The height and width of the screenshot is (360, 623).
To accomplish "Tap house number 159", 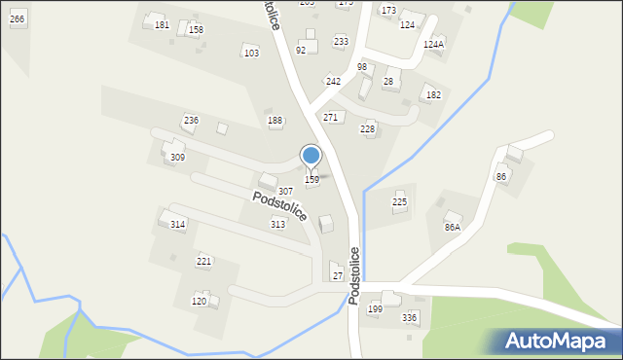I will [311, 180].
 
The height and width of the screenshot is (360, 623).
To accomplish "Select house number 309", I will [177, 157].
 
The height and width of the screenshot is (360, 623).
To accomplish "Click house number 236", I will [191, 120].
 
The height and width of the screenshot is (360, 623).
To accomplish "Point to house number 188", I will [275, 121].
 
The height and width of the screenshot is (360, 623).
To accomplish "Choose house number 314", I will [177, 225].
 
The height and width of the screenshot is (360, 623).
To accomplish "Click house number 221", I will [203, 262].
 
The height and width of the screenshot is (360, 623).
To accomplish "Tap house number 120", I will [199, 302].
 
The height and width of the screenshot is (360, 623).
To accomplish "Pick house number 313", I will [278, 225].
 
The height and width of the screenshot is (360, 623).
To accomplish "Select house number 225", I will [399, 201].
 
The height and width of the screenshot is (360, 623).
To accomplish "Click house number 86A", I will [452, 227].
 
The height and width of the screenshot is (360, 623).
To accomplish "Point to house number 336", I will [409, 318].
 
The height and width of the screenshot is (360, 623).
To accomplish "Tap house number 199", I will [375, 309].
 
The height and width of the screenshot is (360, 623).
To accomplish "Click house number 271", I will [331, 117].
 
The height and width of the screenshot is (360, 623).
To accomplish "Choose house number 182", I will [433, 94].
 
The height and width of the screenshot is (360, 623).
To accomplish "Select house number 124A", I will [433, 45].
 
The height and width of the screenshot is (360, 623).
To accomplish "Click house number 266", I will [17, 19].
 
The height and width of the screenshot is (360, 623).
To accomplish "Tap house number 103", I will [251, 53].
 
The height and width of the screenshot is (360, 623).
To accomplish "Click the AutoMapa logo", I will [556, 341].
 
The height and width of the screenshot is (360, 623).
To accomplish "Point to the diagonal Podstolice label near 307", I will [279, 205].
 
